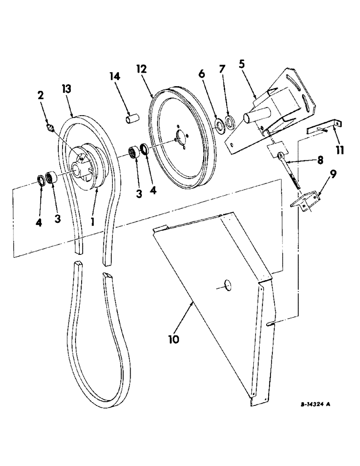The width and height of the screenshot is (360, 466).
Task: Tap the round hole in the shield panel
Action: [x=228, y=286]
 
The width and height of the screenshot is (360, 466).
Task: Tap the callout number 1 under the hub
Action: [x=93, y=222]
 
